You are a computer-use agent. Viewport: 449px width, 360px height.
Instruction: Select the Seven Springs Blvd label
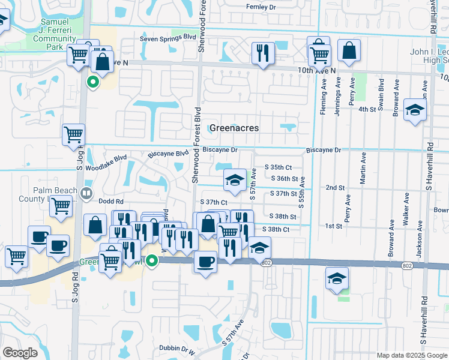point(168,38)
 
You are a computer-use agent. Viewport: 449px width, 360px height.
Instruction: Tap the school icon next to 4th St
point(414,110)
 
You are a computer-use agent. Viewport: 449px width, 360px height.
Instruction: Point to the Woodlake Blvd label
point(106,158)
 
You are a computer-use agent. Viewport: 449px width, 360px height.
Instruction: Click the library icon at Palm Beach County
point(87,193)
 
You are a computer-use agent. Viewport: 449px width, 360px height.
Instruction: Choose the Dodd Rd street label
point(111,202)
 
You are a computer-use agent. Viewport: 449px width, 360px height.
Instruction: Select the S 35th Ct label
point(278,167)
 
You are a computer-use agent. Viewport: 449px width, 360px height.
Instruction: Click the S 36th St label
point(285,179)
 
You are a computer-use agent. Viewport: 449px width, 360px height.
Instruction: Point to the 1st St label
point(333,226)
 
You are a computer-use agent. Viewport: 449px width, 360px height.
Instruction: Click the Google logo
point(20,353)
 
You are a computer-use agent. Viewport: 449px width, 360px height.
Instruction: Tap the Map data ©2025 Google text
point(411,355)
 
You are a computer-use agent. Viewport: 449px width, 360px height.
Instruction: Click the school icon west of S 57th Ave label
point(235,179)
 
